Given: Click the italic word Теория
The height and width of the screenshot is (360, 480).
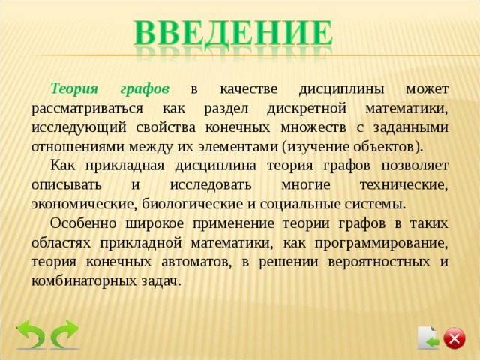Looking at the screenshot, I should tap(73, 88).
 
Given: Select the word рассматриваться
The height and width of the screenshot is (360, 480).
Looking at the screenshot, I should tap(80, 107).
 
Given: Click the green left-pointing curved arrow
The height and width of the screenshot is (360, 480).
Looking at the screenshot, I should tap(31, 334).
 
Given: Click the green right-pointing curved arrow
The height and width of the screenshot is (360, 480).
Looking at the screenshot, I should tap(65, 334).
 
